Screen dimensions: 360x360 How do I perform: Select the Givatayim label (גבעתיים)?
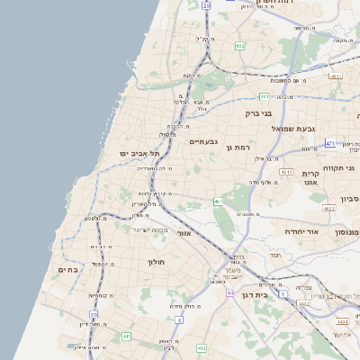click(x=204, y=141)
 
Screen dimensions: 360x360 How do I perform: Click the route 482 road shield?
click(x=238, y=44)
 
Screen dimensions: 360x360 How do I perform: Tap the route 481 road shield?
click(x=264, y=96)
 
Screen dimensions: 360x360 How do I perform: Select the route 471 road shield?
click(x=330, y=143)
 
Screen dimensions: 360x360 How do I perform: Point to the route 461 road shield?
click(x=218, y=202)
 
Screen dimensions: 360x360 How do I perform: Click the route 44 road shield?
click(x=231, y=293)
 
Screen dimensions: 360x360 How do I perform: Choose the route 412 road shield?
click(x=201, y=347)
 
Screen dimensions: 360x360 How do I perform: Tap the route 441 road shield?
click(x=126, y=336)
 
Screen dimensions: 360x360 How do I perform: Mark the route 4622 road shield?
click(x=328, y=209)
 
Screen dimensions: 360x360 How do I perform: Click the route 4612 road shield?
click(x=286, y=171)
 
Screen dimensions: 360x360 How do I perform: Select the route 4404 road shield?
click(x=342, y=320)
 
